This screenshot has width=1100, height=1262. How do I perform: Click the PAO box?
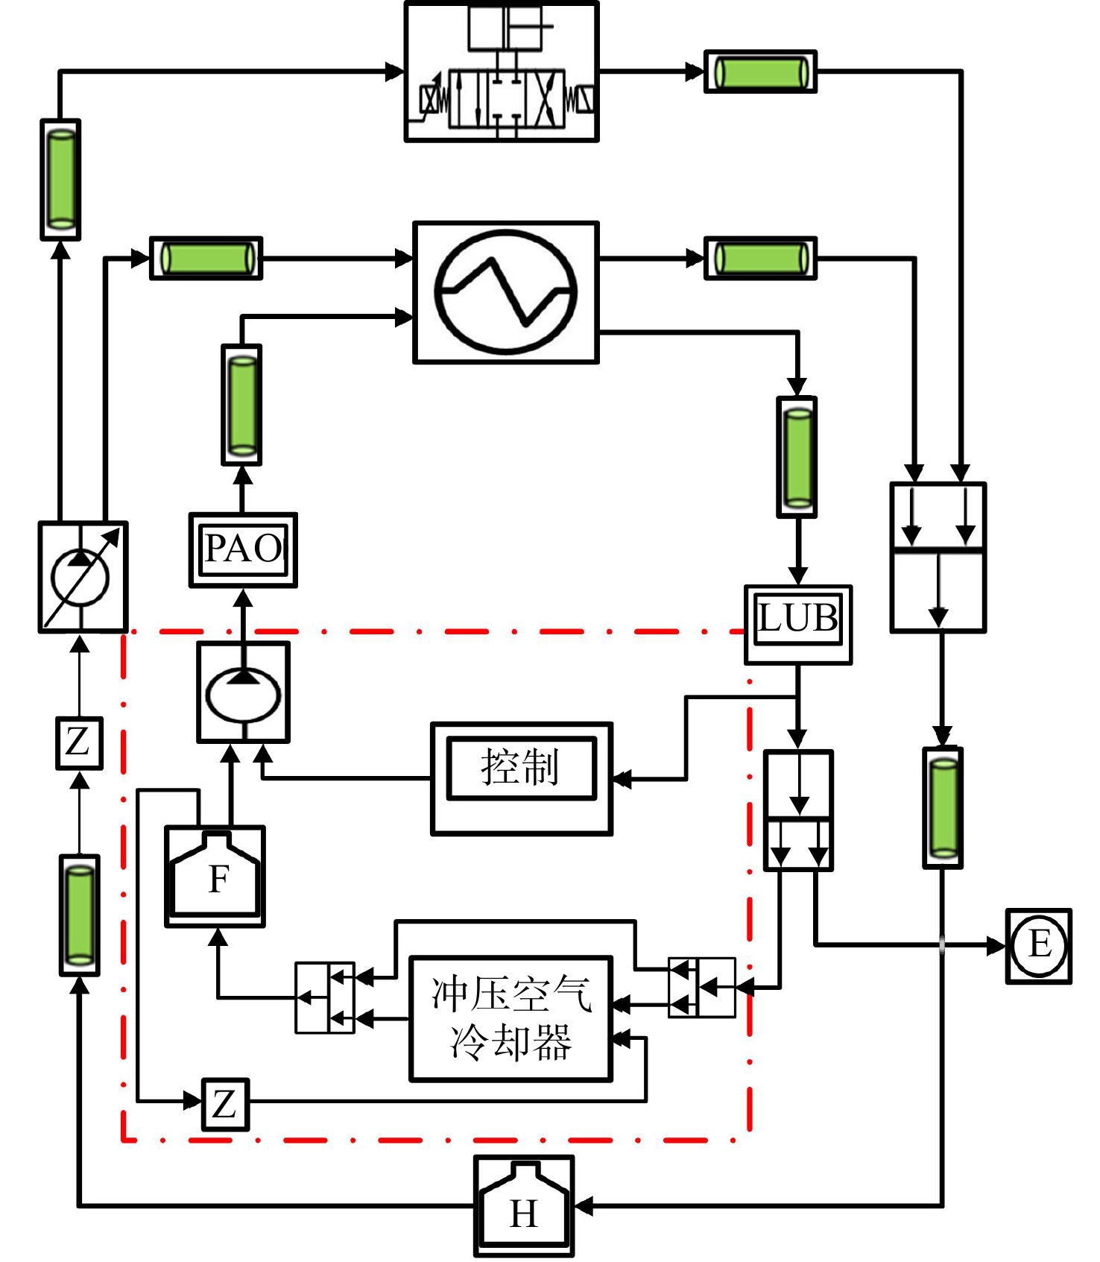point(243,550)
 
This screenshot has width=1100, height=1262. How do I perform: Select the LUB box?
point(798,625)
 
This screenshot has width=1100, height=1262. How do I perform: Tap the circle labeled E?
point(1039,946)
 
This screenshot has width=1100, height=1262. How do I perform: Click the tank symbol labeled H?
point(524,1206)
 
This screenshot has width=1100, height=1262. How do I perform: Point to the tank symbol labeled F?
point(215,877)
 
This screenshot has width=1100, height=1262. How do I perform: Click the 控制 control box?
point(522,778)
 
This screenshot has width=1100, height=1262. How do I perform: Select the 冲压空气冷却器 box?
point(511,1018)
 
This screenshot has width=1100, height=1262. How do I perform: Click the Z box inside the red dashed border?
point(225,1104)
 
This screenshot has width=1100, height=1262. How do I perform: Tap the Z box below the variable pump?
point(79,743)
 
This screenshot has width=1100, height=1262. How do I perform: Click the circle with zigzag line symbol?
point(506,291)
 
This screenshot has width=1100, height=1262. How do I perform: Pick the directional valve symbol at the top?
point(502,72)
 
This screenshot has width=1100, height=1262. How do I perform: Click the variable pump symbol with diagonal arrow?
point(83,577)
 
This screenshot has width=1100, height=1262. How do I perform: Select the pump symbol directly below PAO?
point(243,692)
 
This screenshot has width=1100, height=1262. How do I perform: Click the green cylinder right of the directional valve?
point(760,72)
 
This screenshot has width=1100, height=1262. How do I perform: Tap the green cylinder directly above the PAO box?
point(241,405)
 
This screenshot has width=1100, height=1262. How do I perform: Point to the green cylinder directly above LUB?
point(797,457)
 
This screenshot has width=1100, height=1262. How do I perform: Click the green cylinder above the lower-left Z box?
point(80,915)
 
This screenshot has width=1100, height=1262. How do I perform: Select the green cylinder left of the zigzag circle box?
point(206,258)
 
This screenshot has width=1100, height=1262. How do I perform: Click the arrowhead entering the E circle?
point(996,946)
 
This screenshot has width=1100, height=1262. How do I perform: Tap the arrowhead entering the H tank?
point(584,1205)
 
